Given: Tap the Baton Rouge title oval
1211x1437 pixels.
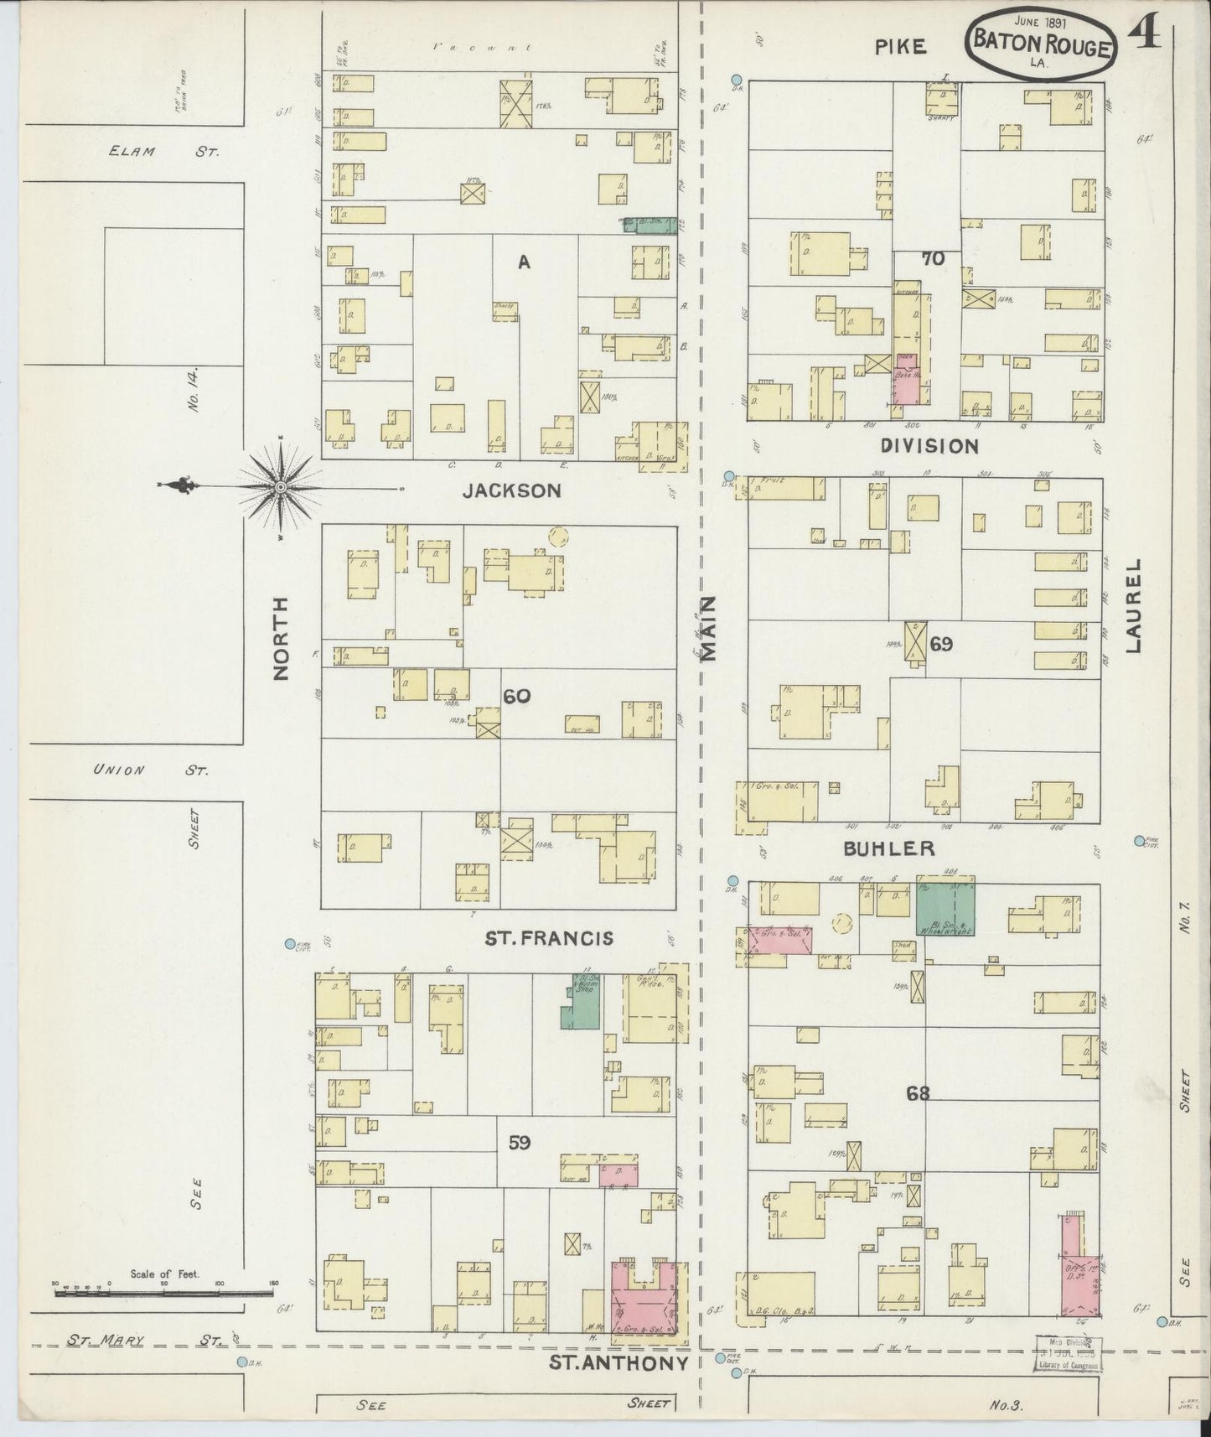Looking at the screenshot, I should pyautogui.click(x=1041, y=44).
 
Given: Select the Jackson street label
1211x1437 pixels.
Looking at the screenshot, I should pyautogui.click(x=512, y=491).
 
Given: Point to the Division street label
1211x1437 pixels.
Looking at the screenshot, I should pyautogui.click(x=930, y=446).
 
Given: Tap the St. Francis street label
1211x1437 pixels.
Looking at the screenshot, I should pyautogui.click(x=549, y=938).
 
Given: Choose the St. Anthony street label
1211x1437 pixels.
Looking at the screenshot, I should pyautogui.click(x=618, y=1362).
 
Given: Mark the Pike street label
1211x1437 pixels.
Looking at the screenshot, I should pyautogui.click(x=901, y=47).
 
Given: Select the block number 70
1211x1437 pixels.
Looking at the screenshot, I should pyautogui.click(x=933, y=259).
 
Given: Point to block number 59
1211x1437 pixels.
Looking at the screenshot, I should pyautogui.click(x=520, y=1142).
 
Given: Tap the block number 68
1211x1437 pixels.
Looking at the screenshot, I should pyautogui.click(x=918, y=1092).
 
